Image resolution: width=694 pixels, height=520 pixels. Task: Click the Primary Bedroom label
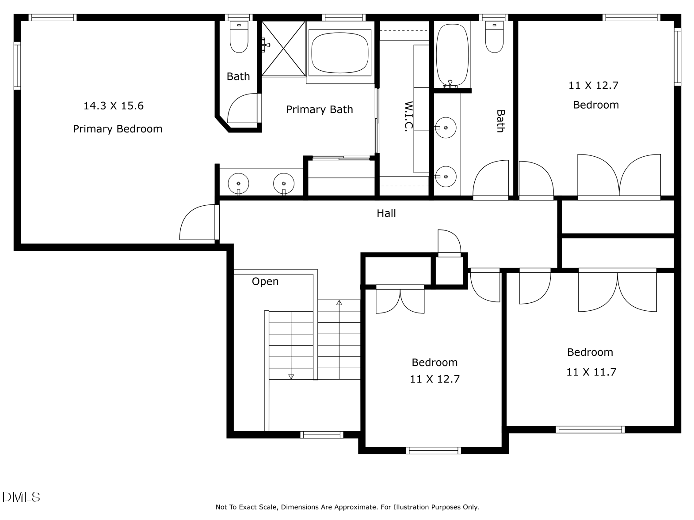coord(118,129)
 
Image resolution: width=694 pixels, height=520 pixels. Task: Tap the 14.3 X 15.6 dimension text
coord(114,106)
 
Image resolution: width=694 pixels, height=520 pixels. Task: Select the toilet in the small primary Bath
coord(239,38)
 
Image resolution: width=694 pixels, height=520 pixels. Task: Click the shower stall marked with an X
coord(284,49)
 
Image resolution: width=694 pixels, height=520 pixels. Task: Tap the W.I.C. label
coord(408,117)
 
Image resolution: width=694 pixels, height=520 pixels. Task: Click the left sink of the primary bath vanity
coord(238,183)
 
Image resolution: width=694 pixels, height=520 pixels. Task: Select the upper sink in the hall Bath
coord(446,128)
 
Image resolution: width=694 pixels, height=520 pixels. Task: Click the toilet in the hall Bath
coord(495,38)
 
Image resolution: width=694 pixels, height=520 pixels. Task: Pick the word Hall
coord(386,214)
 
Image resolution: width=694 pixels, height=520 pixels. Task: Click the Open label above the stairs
coord(265,282)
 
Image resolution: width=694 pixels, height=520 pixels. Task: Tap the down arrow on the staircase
coord(291,376)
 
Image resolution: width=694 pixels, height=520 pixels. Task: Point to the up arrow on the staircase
coord(339,303)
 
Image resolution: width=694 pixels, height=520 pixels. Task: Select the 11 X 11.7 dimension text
coord(591,372)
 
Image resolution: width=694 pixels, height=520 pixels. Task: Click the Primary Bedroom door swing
coord(197,223)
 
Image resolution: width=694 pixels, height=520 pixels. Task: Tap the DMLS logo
coord(21,497)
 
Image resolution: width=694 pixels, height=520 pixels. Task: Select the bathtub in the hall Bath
coord(452,55)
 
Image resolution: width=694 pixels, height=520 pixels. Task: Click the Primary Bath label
coord(320,109)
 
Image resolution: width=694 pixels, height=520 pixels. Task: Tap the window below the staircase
coord(322,435)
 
